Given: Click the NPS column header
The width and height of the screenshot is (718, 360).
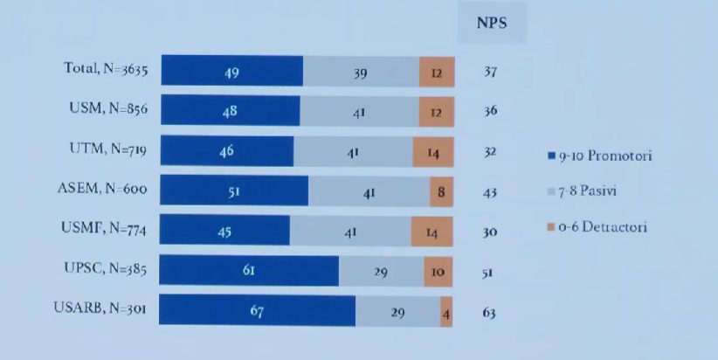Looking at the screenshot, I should pos(492,24).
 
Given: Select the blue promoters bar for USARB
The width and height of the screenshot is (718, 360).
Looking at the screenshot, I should pos(257,311).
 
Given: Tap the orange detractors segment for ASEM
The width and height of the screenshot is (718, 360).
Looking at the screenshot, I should pos(442,191).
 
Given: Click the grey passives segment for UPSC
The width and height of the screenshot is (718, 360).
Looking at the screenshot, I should pos(381,272).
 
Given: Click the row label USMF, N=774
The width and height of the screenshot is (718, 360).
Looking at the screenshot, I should pos(102,230).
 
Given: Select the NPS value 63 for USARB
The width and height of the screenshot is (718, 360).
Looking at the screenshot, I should pos(490,312).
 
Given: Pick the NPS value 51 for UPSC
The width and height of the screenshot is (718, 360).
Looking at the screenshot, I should pos(489,272).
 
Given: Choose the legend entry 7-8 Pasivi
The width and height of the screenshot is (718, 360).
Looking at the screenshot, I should pos(586,190).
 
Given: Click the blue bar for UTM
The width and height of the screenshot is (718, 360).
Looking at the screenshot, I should pos(226,151).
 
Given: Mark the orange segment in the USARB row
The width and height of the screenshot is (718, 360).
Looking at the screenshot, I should pos(446,311).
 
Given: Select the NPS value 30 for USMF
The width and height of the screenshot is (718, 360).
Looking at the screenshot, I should pos(490,232).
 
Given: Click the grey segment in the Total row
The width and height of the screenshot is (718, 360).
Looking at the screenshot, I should pos(361,72).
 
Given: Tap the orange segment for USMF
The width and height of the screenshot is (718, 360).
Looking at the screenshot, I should pos(431,232).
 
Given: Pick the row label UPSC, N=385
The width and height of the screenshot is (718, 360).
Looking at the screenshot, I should pos(102,269).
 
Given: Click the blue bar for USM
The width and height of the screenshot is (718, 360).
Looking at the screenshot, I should pos(230,111).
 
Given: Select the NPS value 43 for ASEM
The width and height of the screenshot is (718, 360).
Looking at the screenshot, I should pos(490,191).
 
